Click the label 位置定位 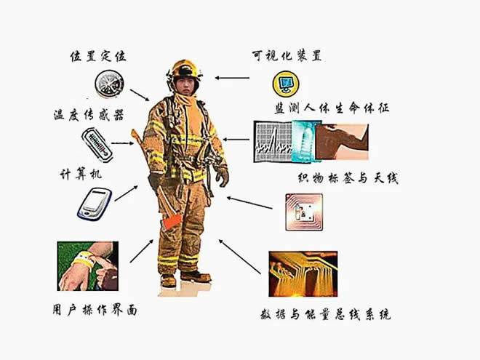(98, 56)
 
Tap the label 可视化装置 (287, 56)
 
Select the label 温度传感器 (89, 115)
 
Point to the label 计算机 (81, 175)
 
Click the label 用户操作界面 (95, 310)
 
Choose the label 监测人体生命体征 (332, 108)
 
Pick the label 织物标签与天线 (348, 177)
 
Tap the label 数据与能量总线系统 (325, 314)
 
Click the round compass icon (109, 84)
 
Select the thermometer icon (97, 145)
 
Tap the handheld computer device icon (95, 204)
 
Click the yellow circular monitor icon (286, 83)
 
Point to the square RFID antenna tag (304, 212)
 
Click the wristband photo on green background (88, 266)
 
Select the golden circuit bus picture (303, 274)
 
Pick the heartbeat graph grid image (273, 142)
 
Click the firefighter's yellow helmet (185, 69)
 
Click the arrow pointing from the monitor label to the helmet (232, 78)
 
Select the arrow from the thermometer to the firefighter (122, 143)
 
